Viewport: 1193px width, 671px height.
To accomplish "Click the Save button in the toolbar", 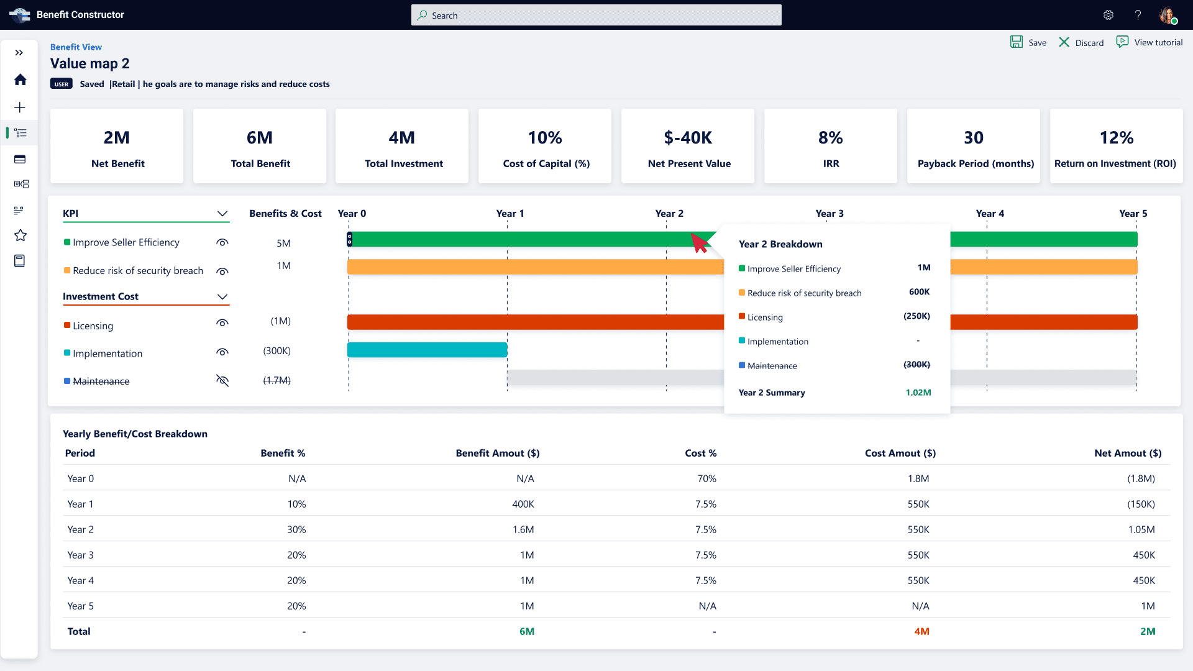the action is tap(1028, 42).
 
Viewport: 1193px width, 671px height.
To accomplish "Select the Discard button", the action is tap(1081, 42).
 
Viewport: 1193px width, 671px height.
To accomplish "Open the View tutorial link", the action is tap(1150, 42).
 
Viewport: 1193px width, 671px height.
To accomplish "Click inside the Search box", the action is tap(596, 15).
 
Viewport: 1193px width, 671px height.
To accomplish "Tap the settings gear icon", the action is tap(1108, 15).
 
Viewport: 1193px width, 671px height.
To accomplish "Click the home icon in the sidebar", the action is tap(21, 80).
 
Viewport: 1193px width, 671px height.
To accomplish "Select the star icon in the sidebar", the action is tap(21, 235).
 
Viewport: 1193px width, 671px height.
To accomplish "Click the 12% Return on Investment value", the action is tap(1117, 137).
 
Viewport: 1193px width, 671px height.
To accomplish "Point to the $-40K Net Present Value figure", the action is tap(688, 137).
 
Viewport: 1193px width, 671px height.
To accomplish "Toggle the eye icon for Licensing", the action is tap(222, 323).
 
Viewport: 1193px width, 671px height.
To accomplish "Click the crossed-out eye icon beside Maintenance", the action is tap(222, 380).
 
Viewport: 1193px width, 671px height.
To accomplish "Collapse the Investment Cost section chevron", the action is tap(222, 296).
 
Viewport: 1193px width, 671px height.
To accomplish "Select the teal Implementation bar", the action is tap(427, 350).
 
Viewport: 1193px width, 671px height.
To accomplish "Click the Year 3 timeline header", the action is tap(830, 213).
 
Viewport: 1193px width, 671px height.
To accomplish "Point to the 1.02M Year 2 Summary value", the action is tap(918, 393).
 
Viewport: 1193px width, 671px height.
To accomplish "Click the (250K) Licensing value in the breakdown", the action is tap(916, 316).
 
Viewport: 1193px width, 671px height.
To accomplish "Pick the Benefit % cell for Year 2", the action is tap(296, 529).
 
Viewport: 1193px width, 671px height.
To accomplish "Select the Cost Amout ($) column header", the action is tap(900, 453).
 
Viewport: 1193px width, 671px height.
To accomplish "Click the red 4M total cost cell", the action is tap(921, 631).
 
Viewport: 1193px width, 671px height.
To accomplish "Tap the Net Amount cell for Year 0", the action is tap(1141, 478).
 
